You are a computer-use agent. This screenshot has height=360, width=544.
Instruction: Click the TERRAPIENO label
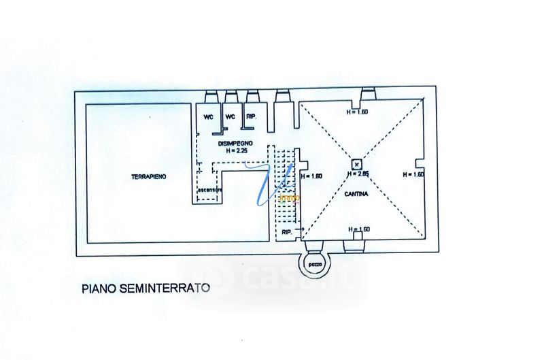point(150,177)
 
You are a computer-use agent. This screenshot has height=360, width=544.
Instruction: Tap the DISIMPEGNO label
point(236,144)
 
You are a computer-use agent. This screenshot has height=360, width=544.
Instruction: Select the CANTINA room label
point(356,194)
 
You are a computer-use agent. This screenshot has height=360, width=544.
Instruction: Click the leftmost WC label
point(209,116)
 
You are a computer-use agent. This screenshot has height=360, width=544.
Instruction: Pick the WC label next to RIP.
point(230,116)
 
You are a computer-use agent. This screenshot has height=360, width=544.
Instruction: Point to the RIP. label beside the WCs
point(251,116)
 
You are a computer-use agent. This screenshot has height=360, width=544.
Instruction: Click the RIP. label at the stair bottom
point(286,233)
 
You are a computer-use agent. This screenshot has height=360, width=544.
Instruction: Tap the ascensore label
point(209,198)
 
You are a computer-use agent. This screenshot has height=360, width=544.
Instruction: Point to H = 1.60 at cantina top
point(357,112)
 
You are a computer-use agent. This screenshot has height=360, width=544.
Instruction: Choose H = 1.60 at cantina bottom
point(357,229)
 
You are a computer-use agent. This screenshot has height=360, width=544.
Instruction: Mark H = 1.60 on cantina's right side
point(413,175)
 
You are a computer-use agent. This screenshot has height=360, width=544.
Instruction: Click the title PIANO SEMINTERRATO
point(146,288)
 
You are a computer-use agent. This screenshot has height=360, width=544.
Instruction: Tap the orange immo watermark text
point(289,198)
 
